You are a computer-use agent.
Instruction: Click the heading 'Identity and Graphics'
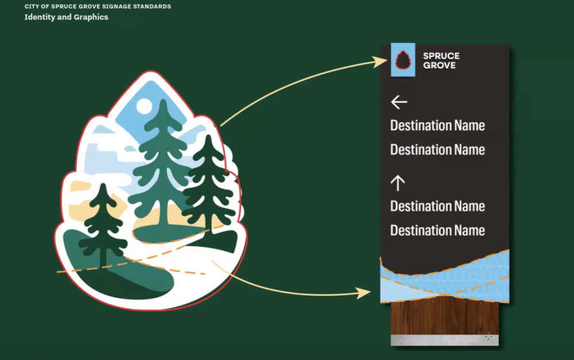(66, 17)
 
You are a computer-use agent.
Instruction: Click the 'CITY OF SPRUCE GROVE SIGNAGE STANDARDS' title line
(98, 6)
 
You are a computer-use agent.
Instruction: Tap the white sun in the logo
(143, 106)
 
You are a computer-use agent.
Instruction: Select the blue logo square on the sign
(403, 60)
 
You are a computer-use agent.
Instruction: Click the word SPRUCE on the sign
(441, 56)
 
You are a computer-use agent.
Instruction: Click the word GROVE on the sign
(439, 65)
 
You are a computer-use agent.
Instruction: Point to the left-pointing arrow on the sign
(399, 102)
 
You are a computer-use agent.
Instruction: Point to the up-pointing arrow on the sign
(398, 183)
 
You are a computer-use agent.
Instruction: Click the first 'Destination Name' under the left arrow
(437, 126)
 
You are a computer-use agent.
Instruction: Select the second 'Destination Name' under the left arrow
(437, 150)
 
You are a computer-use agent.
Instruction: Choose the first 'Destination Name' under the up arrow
(437, 206)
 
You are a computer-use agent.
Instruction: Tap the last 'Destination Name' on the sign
(437, 230)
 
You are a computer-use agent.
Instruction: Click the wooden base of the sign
(444, 317)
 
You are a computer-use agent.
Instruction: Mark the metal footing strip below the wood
(444, 340)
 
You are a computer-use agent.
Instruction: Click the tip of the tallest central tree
(164, 100)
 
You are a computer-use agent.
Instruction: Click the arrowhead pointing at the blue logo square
(380, 61)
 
